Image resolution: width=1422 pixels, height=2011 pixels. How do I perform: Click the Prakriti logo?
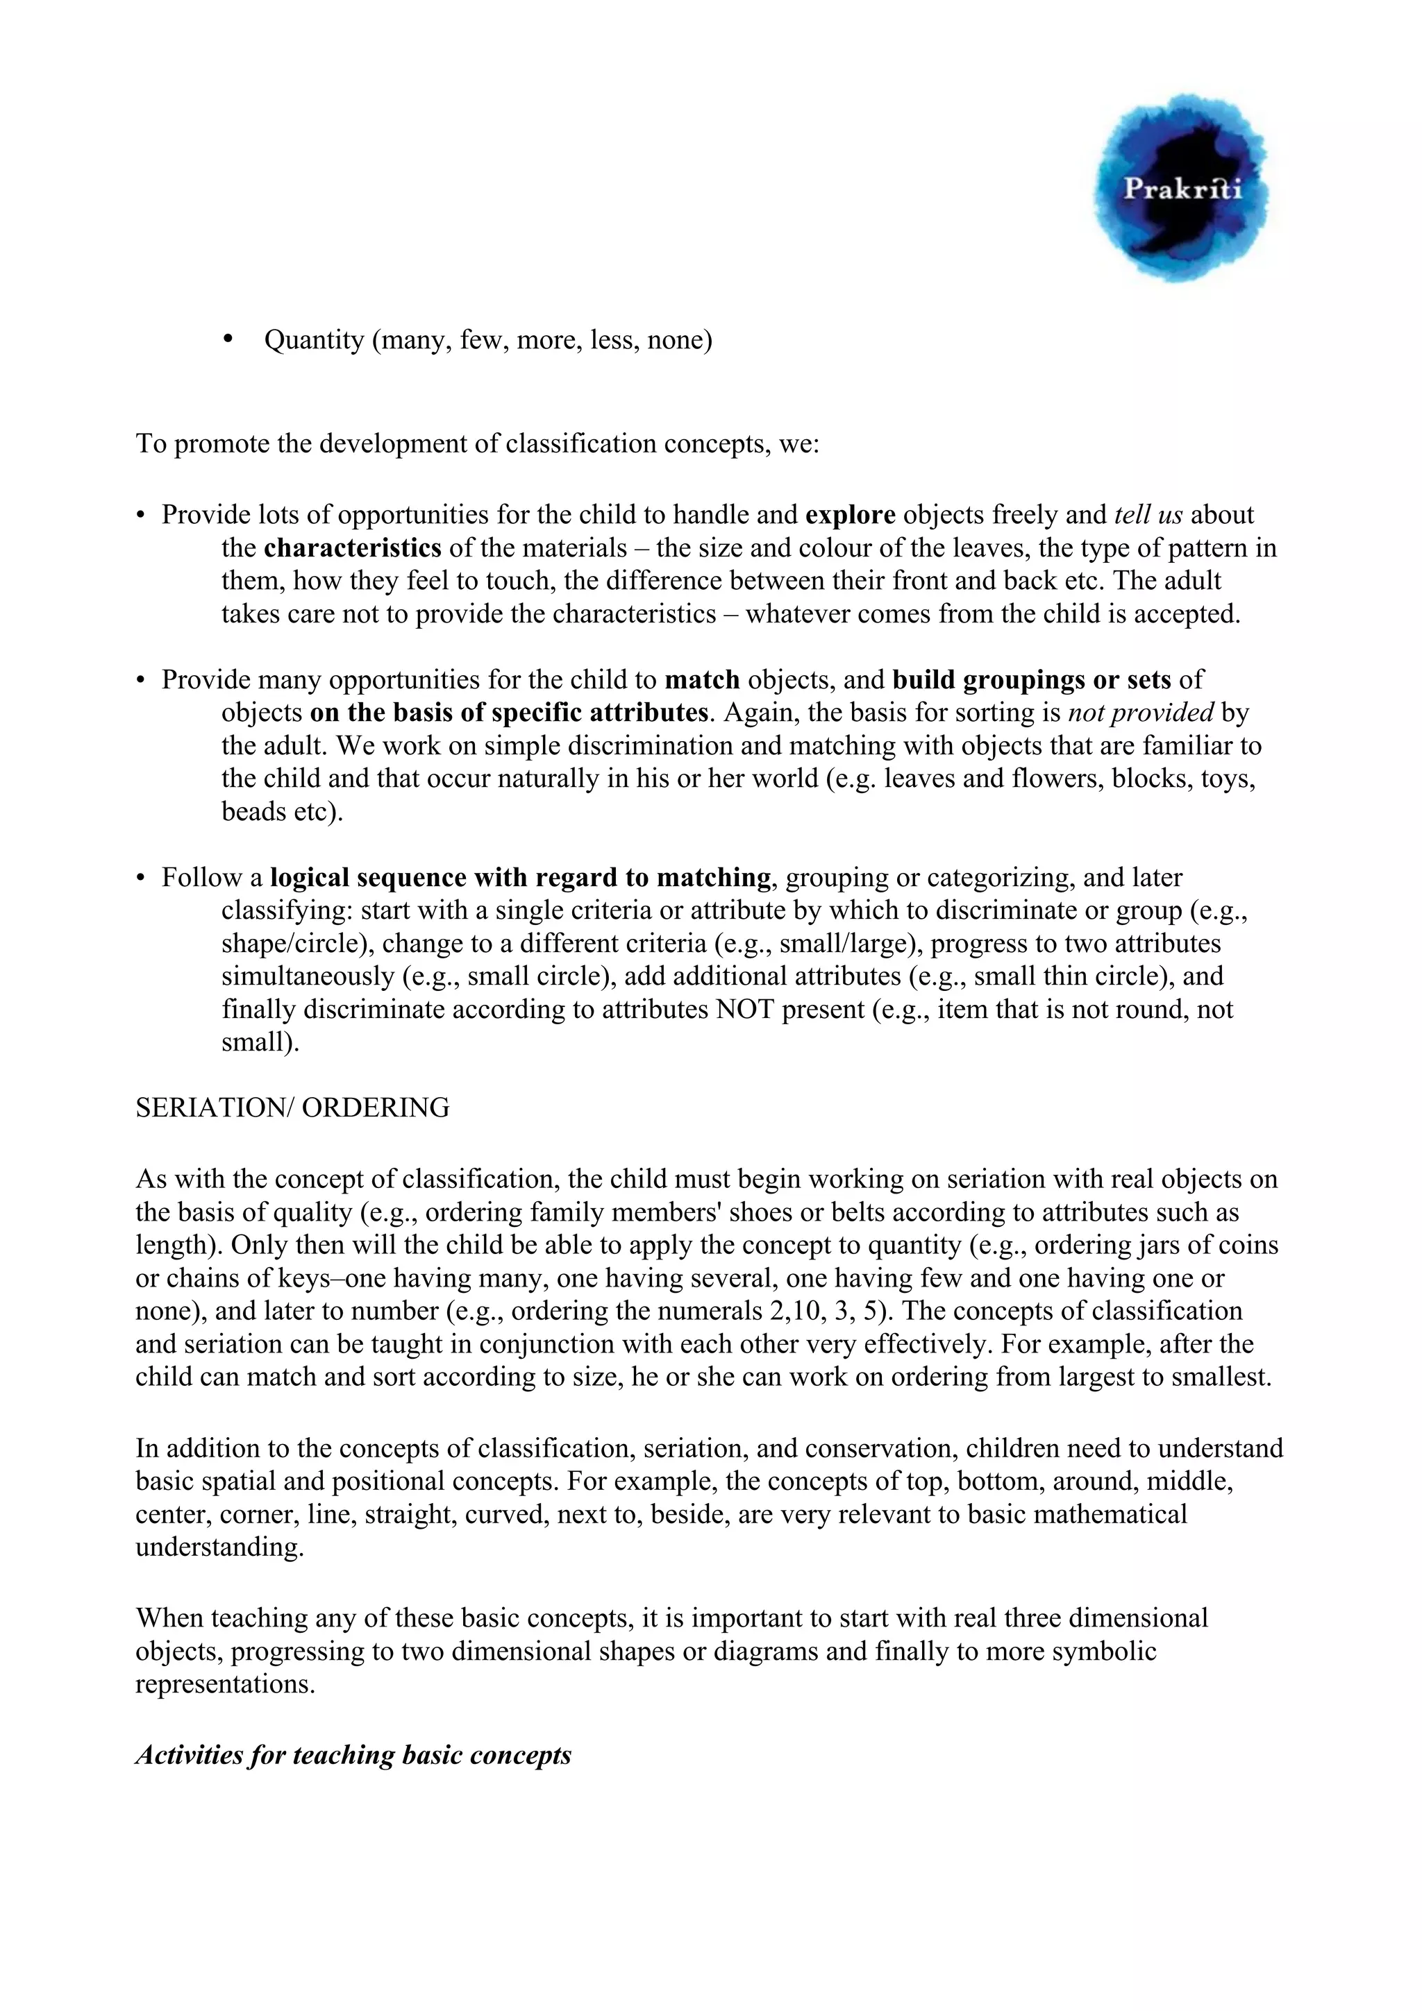(1180, 187)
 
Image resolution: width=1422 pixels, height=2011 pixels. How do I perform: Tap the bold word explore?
(850, 515)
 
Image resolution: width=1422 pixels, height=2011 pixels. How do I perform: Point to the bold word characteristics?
(352, 548)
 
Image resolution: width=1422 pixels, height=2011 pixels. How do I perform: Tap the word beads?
(251, 812)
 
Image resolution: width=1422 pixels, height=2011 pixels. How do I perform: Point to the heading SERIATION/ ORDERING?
(292, 1108)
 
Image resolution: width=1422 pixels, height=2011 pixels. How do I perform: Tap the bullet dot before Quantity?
(230, 339)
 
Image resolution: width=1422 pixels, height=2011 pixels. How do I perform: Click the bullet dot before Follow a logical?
(140, 879)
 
